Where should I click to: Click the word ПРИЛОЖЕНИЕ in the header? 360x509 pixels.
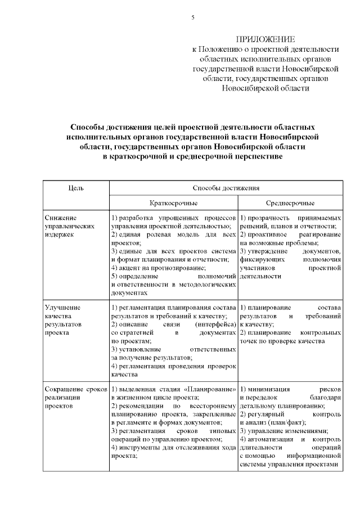[265, 39]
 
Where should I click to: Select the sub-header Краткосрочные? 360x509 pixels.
[173, 203]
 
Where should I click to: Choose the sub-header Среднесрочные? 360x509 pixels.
[290, 203]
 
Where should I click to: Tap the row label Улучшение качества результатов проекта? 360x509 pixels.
[63, 319]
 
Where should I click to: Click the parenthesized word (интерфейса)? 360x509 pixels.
[215, 325]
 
